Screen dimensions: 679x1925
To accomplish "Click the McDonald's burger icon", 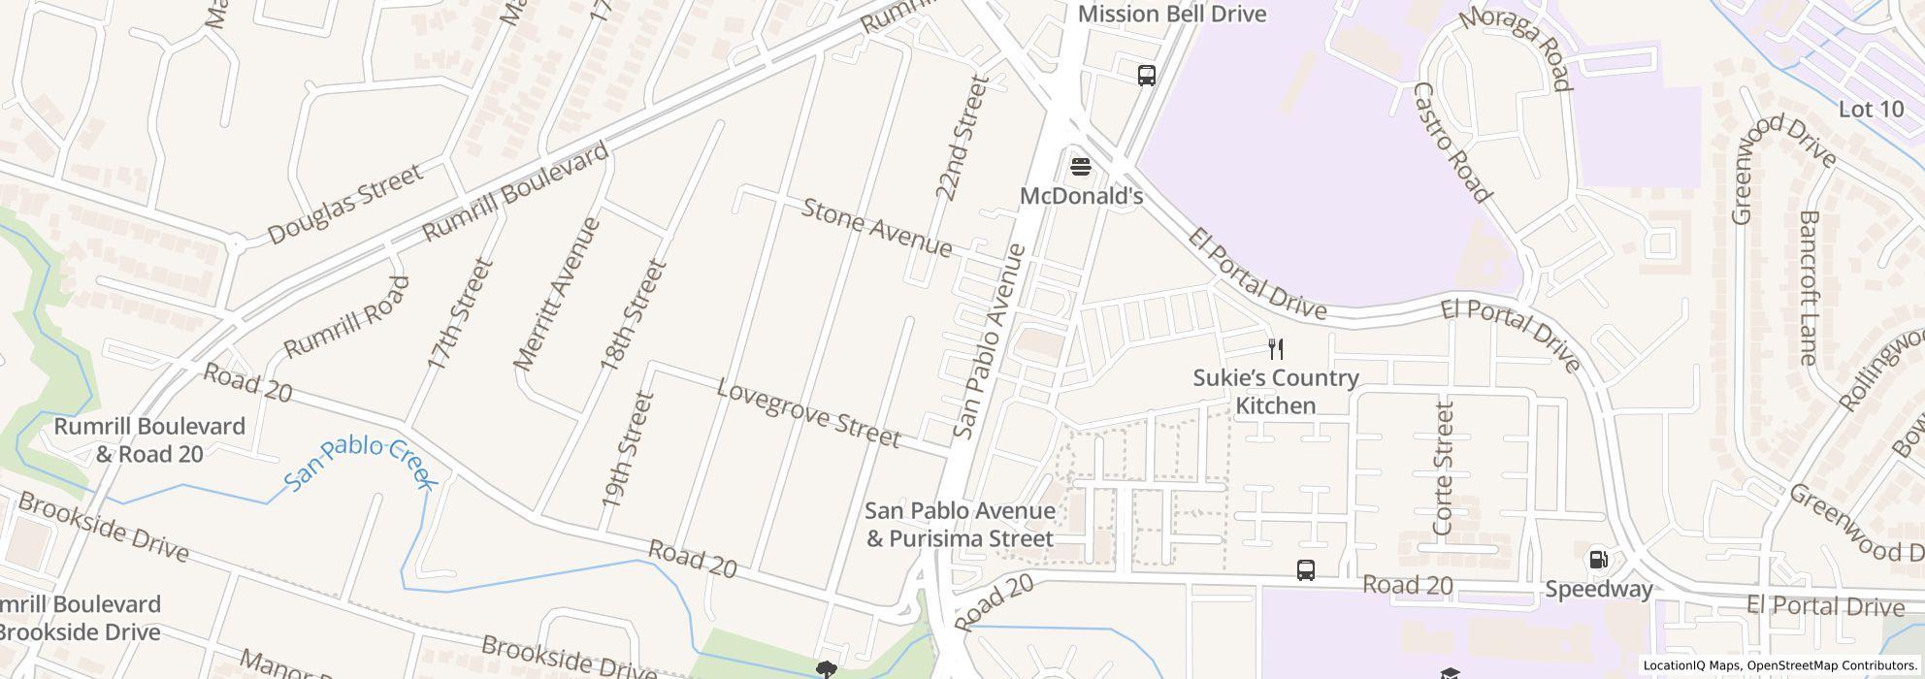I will coord(1080,167).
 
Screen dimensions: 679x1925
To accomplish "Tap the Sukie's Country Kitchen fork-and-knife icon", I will coord(1276,349).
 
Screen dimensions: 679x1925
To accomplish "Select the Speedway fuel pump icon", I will coord(1597,560).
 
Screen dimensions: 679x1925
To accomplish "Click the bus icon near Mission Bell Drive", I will coord(1146,75).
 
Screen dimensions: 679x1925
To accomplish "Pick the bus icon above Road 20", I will coord(1306,570).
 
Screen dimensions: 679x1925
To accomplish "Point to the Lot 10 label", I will coord(1871,110).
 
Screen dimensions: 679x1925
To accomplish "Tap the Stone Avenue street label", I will coord(877,228).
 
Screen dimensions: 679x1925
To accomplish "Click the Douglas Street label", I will coord(344,204).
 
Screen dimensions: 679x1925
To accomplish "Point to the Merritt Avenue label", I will coord(557,294).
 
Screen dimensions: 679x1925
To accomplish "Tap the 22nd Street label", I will coord(962,138).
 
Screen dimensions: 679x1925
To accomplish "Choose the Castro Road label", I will coord(1451,143).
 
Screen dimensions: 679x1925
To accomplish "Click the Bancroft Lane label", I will coord(1808,287).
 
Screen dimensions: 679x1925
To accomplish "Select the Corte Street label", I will coord(1443,469).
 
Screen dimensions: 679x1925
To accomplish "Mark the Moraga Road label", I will coord(1514,48).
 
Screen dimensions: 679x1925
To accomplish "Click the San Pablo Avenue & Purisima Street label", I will coord(960,524).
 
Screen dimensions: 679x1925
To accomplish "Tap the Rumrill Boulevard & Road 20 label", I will coord(149,440).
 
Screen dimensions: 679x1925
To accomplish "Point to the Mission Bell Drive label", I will coord(1171,14).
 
